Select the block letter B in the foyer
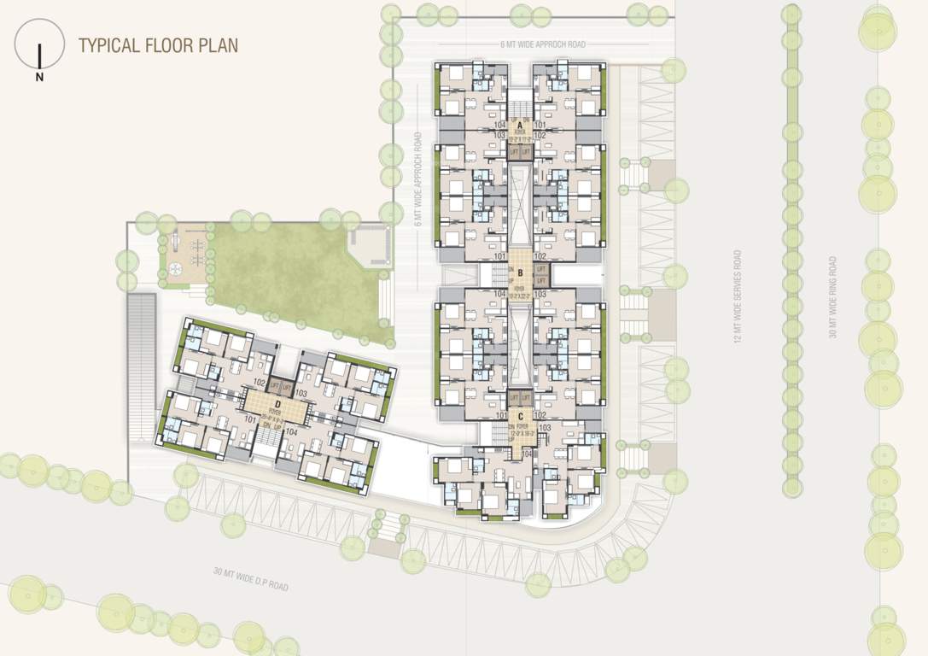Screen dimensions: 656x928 [x=520, y=274]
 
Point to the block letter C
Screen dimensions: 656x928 [x=519, y=418]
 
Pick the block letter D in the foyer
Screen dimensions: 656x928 [x=277, y=404]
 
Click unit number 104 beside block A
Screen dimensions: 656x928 [x=500, y=125]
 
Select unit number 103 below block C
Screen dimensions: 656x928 [x=545, y=428]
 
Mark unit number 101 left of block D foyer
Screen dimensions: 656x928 [x=251, y=419]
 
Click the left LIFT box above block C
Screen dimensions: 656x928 [x=513, y=398]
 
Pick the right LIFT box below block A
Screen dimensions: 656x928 [x=526, y=151]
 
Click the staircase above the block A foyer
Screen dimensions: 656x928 [x=519, y=106]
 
